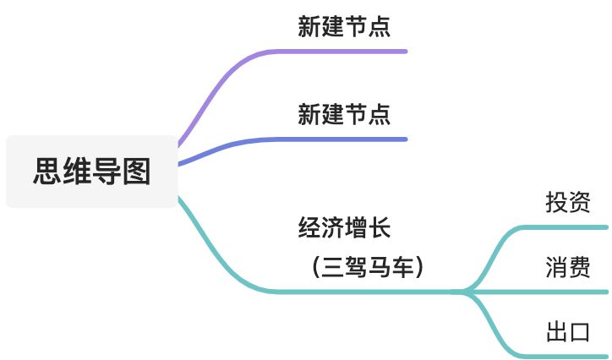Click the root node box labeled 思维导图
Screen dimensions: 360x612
coord(91,172)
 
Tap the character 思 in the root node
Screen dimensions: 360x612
coord(47,172)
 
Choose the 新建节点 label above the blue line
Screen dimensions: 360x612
coord(344,113)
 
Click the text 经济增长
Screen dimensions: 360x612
coord(344,226)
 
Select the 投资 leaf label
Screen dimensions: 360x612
coord(567,203)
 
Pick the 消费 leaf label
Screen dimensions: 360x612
coord(567,268)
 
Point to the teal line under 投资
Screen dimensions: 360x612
coord(558,226)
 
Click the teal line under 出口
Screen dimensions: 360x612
coord(558,355)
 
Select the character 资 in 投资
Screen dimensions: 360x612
coord(579,203)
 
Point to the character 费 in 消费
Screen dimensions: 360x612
coord(579,268)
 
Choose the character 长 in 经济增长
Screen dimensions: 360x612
coord(380,226)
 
